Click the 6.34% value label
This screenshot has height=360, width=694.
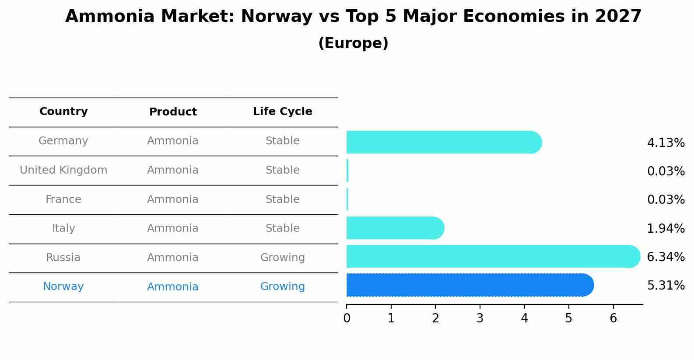click(x=666, y=257)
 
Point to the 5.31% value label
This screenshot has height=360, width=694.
click(x=666, y=286)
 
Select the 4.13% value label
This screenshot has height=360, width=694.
click(x=666, y=143)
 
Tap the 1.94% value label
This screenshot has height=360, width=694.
click(x=666, y=228)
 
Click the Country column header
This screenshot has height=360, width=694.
click(x=63, y=112)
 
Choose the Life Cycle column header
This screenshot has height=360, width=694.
click(x=282, y=112)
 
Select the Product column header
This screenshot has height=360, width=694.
click(x=173, y=112)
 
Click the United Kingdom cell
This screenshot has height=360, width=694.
click(x=63, y=170)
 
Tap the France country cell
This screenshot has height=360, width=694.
click(x=63, y=199)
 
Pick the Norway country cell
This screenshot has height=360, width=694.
click(x=63, y=287)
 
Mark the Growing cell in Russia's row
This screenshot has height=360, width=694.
click(x=282, y=258)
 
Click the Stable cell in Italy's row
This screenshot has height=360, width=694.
click(x=282, y=228)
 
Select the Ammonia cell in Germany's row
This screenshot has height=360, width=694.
click(x=173, y=141)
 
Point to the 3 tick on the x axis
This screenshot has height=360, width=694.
click(x=480, y=318)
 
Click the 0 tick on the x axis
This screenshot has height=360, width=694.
click(x=347, y=318)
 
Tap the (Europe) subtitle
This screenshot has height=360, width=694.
click(x=353, y=43)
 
